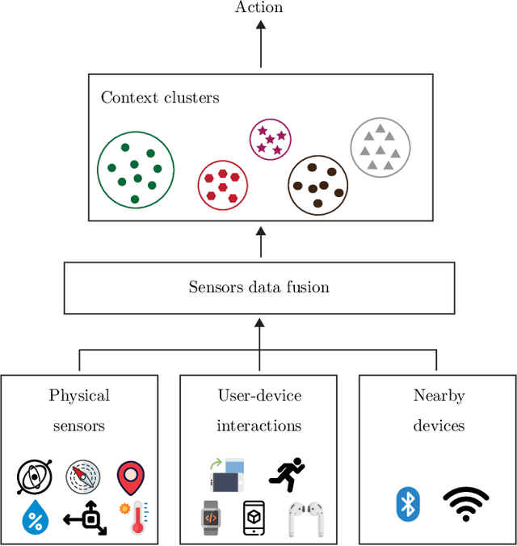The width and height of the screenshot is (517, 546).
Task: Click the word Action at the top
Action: click(259, 8)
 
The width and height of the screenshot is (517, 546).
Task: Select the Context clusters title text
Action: click(160, 98)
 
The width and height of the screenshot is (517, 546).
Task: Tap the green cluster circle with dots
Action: click(135, 169)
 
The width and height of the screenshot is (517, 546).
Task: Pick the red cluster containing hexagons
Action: click(222, 185)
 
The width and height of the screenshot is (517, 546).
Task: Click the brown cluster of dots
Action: click(318, 185)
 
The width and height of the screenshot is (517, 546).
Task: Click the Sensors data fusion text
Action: click(259, 287)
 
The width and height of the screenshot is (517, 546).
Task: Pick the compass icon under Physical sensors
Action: click(82, 478)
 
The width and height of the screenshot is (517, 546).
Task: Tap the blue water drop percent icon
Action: click(35, 517)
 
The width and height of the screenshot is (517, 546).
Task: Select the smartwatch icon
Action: click(210, 518)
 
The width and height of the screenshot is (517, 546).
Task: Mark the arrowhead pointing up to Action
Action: click(260, 27)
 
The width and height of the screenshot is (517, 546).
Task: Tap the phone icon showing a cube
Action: click(254, 518)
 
